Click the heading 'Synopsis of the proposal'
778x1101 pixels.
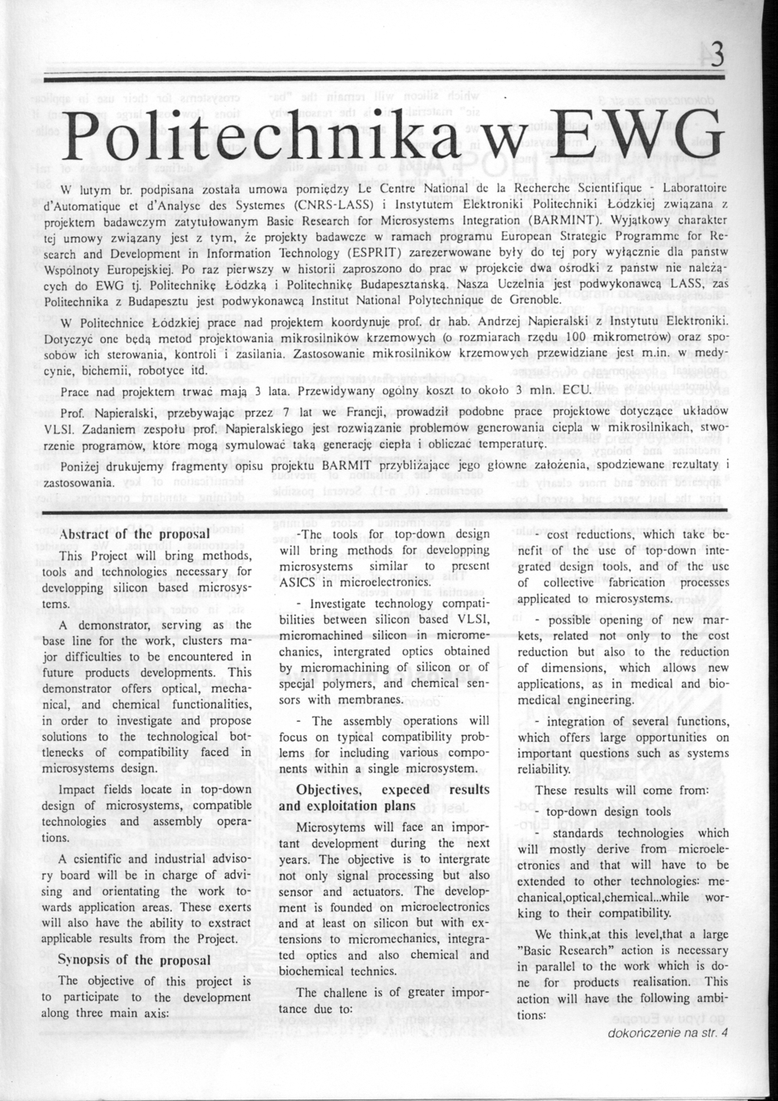[x=133, y=960]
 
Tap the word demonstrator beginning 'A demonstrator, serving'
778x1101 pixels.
[x=113, y=624]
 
